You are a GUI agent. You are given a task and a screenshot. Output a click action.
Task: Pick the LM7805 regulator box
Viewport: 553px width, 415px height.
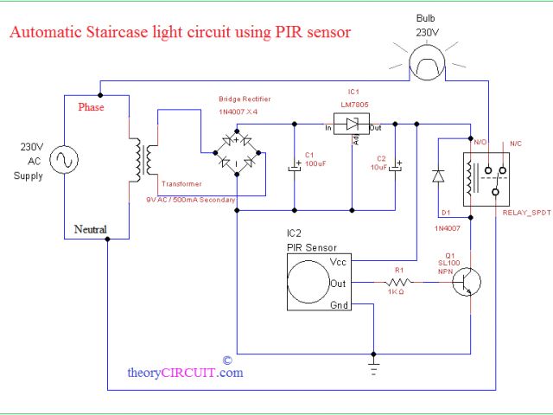coord(353,124)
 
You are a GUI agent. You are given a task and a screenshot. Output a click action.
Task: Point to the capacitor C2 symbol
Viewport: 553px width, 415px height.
coord(396,165)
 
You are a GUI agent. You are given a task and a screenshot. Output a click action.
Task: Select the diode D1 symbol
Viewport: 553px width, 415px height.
coord(438,176)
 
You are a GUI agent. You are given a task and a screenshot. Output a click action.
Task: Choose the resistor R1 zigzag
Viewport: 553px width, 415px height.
coord(397,283)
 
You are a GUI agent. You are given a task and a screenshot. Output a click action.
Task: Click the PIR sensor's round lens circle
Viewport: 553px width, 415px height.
coord(308,282)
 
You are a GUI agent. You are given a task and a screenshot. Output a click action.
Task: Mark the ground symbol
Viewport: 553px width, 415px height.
coord(373,367)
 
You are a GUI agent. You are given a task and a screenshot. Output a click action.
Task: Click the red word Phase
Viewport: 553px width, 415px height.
coord(92,108)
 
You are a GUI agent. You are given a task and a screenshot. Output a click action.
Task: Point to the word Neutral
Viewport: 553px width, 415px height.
coord(91,229)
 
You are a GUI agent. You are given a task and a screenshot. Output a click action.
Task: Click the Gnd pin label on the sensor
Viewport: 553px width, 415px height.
coord(340,304)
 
